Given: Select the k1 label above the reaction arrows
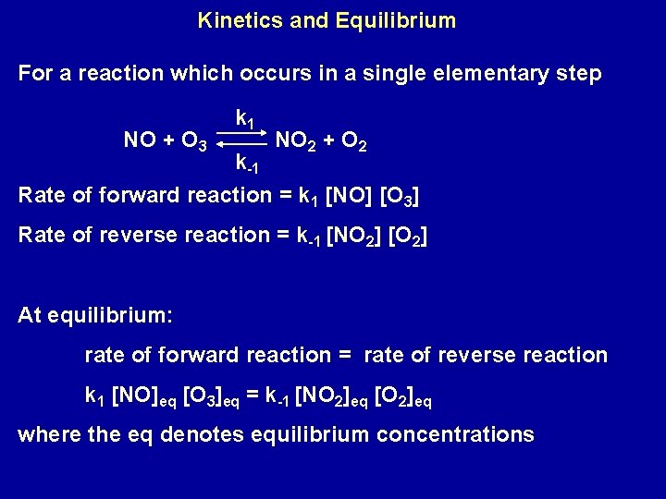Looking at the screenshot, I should [x=246, y=118].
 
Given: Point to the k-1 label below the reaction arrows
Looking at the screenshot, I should [x=247, y=165].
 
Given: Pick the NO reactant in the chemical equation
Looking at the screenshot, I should [x=140, y=141].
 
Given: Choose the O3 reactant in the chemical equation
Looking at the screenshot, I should [x=193, y=142].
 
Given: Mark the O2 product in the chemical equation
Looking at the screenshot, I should [x=355, y=141].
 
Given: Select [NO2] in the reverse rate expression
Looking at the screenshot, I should [x=355, y=236].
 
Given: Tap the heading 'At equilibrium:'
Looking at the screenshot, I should [x=94, y=315].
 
